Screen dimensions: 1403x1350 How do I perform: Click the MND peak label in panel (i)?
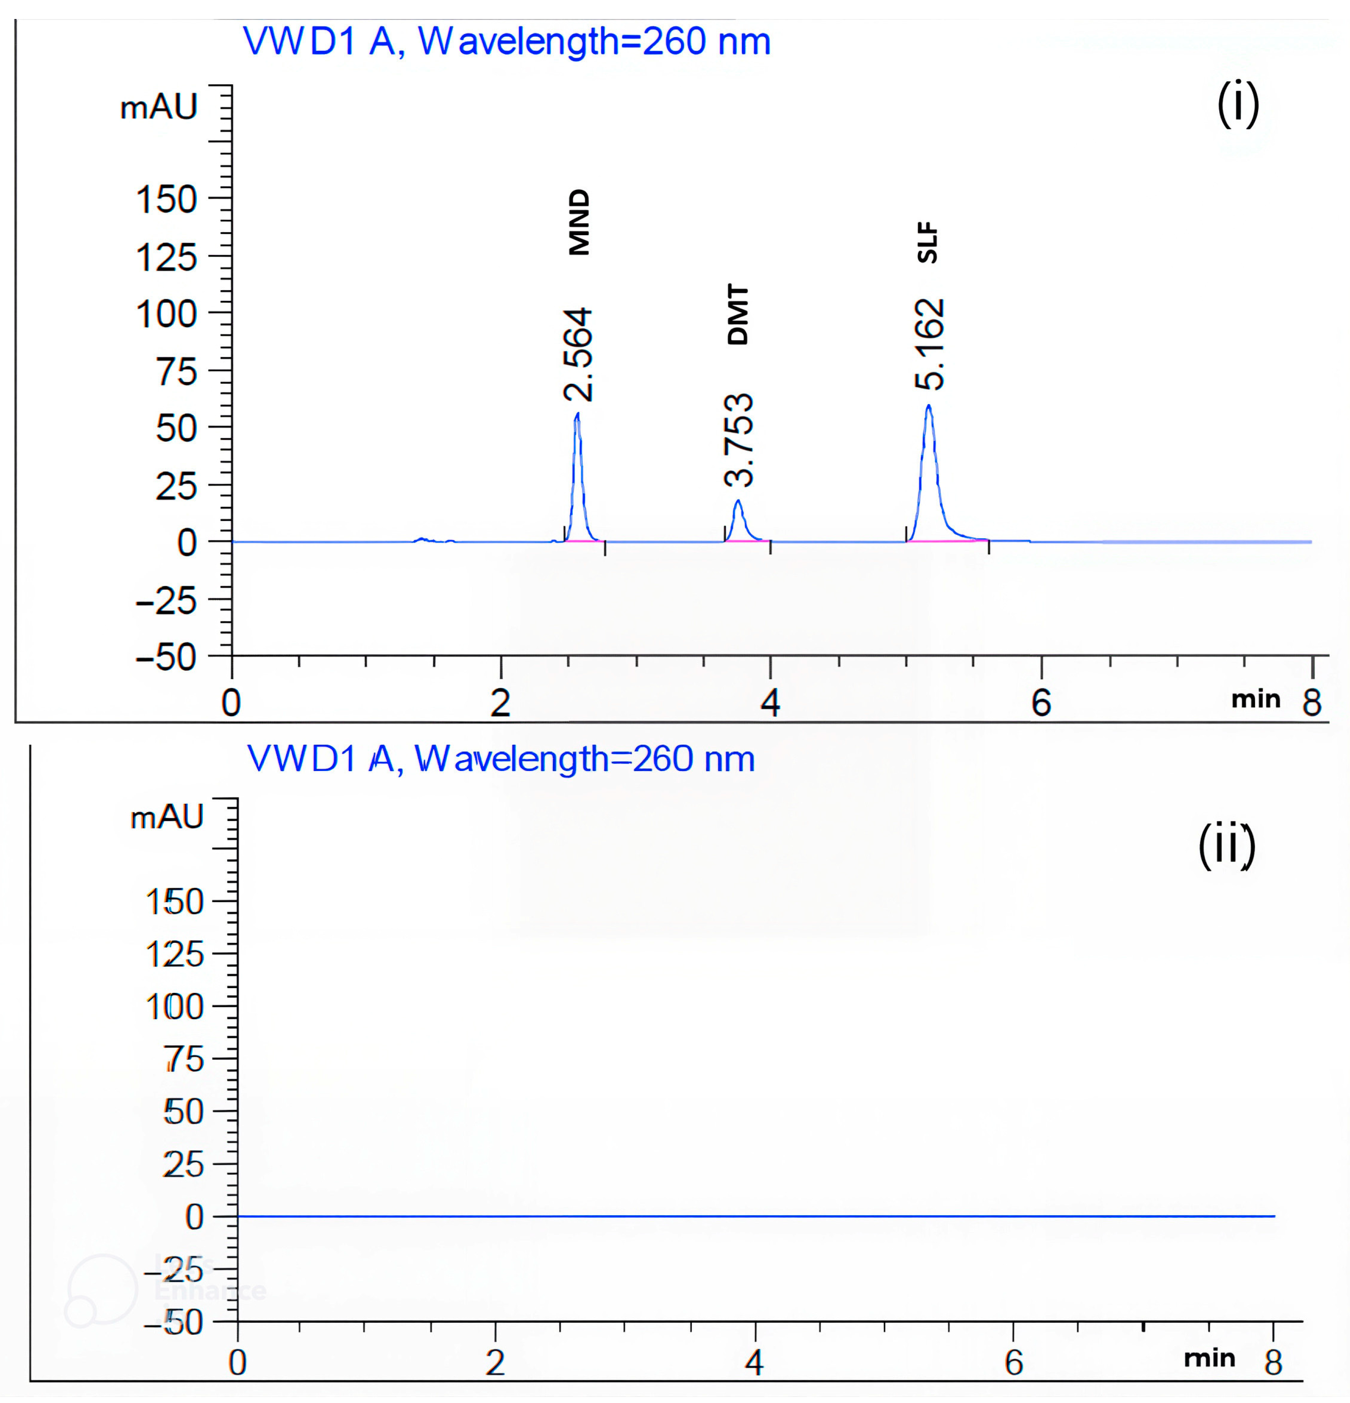(578, 222)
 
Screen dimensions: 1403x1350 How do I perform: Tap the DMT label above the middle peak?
(737, 315)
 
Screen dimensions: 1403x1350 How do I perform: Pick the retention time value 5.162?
(930, 344)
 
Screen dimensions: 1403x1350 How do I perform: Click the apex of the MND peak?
(577, 414)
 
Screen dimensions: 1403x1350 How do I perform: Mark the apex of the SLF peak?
(928, 406)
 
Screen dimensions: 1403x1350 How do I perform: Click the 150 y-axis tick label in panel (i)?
(166, 200)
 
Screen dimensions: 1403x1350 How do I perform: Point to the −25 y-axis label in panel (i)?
(166, 600)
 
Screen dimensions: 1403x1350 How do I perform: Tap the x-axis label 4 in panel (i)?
(770, 703)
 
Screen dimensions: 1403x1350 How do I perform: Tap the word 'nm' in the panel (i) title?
(744, 41)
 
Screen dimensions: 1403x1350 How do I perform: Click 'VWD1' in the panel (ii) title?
(301, 759)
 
